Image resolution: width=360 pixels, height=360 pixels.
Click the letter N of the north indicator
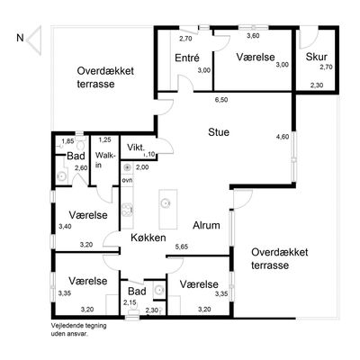click(x=20, y=38)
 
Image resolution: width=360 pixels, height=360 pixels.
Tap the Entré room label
click(x=187, y=58)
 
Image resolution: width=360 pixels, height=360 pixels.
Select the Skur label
click(x=316, y=57)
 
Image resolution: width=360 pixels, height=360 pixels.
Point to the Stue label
click(x=219, y=132)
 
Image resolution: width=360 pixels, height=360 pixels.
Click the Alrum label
click(x=206, y=225)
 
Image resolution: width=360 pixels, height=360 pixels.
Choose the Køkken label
click(x=148, y=238)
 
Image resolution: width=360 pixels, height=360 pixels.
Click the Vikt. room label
click(x=136, y=148)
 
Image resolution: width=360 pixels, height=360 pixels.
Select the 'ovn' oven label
click(x=127, y=180)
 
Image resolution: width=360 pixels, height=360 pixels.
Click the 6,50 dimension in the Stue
click(x=221, y=100)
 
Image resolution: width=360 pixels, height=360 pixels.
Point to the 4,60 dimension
click(x=283, y=137)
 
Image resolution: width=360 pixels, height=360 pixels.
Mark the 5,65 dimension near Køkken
click(x=182, y=247)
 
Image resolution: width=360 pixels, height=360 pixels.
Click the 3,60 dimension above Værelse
click(x=253, y=36)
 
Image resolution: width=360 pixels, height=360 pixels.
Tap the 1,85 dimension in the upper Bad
click(x=67, y=141)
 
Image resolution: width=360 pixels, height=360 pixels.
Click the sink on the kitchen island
click(x=166, y=203)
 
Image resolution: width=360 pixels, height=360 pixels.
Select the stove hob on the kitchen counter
click(x=127, y=209)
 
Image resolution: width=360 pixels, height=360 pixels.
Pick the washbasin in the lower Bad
click(x=158, y=290)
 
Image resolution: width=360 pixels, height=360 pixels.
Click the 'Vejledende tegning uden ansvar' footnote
click(x=78, y=329)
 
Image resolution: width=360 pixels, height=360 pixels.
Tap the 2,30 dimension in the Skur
click(x=317, y=85)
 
